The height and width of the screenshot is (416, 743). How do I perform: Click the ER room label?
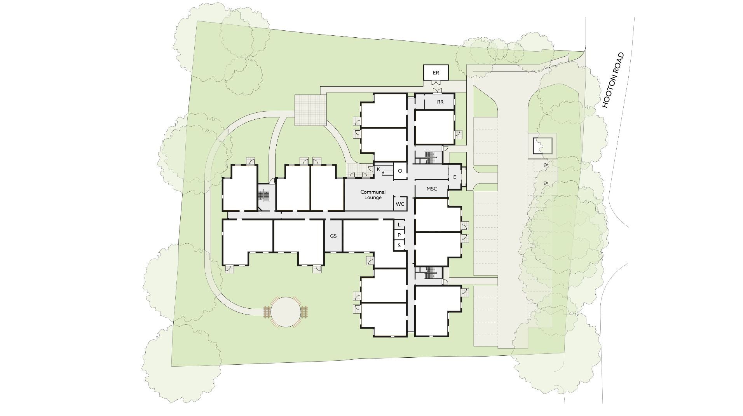[436, 73]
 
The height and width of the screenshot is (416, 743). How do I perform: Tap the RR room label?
[440, 102]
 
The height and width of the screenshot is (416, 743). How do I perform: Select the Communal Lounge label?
[373, 194]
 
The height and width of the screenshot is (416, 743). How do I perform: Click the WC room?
[400, 204]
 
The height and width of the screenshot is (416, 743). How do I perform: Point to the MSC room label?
[432, 189]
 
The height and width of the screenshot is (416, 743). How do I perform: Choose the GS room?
[333, 236]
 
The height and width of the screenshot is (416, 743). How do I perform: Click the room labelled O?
[400, 171]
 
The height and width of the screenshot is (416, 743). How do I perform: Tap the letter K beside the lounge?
[378, 169]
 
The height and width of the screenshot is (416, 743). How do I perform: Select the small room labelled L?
[399, 225]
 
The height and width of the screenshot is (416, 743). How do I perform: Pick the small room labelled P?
[399, 235]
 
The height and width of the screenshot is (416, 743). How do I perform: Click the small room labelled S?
[399, 245]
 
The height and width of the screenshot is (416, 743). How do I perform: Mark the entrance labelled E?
[455, 177]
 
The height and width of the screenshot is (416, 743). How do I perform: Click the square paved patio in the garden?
[311, 110]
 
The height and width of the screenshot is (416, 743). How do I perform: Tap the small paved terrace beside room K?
[359, 170]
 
